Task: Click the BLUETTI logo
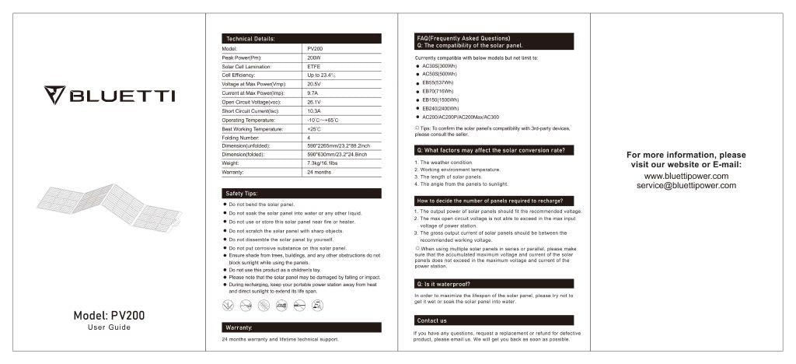[x=109, y=96]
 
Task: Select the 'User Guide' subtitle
[x=109, y=327]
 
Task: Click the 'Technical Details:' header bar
[x=302, y=38]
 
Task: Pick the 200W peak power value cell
[x=314, y=58]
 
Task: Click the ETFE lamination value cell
[x=314, y=66]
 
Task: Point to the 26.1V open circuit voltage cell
[x=314, y=102]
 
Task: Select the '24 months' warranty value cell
[x=319, y=172]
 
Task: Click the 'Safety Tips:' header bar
[x=302, y=193]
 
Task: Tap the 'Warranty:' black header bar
[x=302, y=327]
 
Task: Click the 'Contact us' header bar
[x=494, y=320]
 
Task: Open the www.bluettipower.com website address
[x=686, y=176]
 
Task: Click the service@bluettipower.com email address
[x=686, y=186]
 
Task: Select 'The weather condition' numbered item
[x=446, y=163]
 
